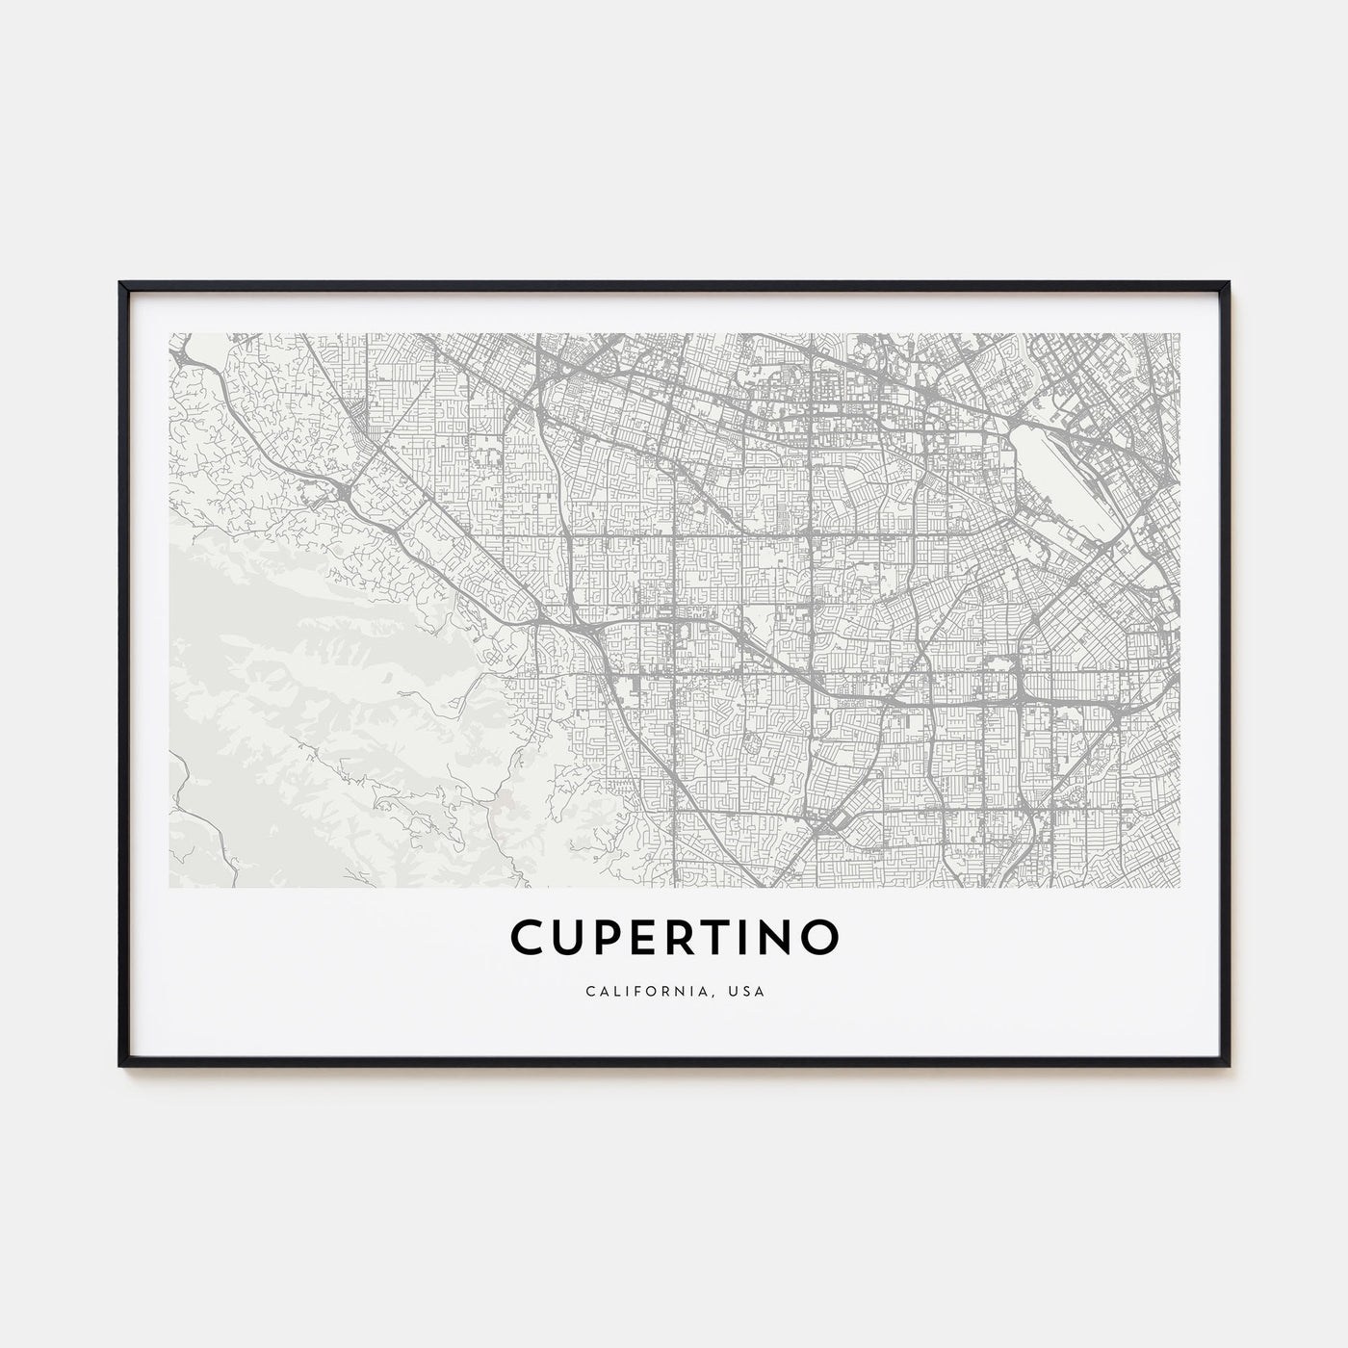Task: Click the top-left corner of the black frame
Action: (121, 284)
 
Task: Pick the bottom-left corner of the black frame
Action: (121, 1064)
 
